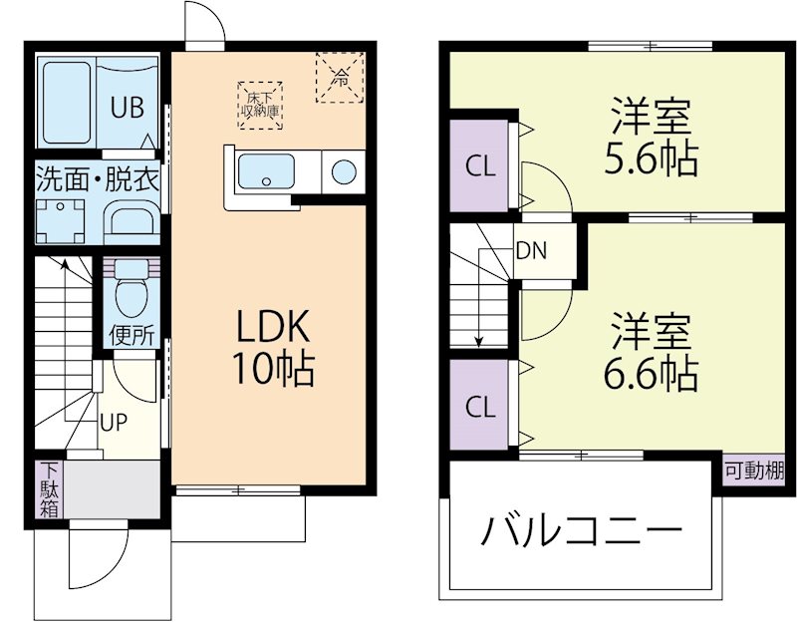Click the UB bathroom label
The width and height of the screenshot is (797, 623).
click(127, 106)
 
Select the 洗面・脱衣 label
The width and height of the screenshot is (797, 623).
click(99, 179)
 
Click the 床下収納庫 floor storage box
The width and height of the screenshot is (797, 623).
click(259, 103)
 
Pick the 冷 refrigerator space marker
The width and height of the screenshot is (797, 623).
click(340, 76)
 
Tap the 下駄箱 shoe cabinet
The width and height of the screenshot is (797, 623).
click(48, 488)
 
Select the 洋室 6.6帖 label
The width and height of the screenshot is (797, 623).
click(651, 353)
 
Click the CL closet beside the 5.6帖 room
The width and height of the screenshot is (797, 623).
click(480, 166)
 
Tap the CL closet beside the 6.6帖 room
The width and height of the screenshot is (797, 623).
click(480, 406)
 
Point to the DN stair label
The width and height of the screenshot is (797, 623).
click(530, 250)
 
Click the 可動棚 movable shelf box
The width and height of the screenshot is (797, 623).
click(754, 470)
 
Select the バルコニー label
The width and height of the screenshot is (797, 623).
click(582, 531)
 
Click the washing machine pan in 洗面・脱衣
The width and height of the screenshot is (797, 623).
click(61, 216)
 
